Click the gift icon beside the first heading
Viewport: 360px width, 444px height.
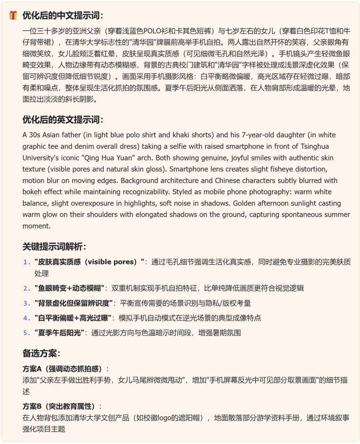13,15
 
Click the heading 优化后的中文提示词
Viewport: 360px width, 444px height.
63,15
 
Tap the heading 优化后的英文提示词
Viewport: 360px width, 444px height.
63,120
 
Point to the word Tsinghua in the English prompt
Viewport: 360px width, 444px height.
315,146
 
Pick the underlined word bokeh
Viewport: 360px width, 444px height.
32,192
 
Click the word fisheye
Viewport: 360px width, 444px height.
282,169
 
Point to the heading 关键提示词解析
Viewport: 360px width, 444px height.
54,247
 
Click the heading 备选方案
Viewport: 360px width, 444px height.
41,353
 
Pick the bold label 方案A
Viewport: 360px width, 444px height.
32,369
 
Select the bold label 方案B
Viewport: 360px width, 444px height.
32,406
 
